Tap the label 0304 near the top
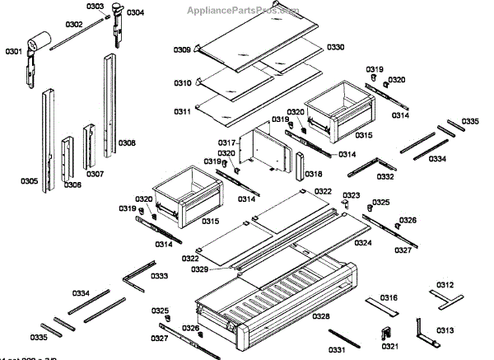135,12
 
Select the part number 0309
182,51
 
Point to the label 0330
336,47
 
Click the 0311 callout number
182,111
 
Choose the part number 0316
389,297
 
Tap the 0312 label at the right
445,285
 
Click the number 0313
445,330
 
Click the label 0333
161,275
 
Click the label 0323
352,195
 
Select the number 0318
314,175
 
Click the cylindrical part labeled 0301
36,40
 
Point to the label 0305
28,181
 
